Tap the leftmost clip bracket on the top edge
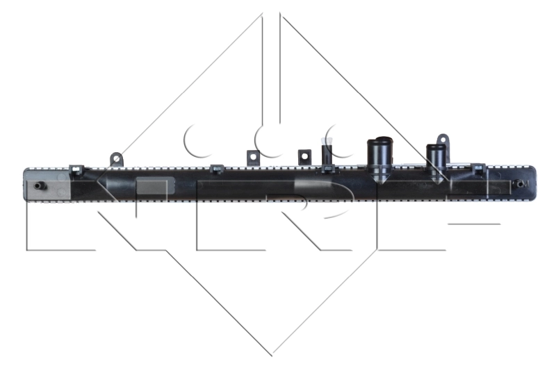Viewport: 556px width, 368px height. (76, 168)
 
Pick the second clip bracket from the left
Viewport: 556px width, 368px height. (216, 169)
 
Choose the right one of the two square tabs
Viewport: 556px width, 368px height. (303, 156)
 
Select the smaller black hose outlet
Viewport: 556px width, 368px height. (436, 158)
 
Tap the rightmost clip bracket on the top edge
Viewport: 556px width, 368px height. (479, 169)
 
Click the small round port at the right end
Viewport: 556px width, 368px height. (518, 185)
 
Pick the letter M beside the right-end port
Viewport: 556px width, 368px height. (525, 184)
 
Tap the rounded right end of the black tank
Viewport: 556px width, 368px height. (537, 184)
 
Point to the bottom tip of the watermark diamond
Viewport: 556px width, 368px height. (272, 355)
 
